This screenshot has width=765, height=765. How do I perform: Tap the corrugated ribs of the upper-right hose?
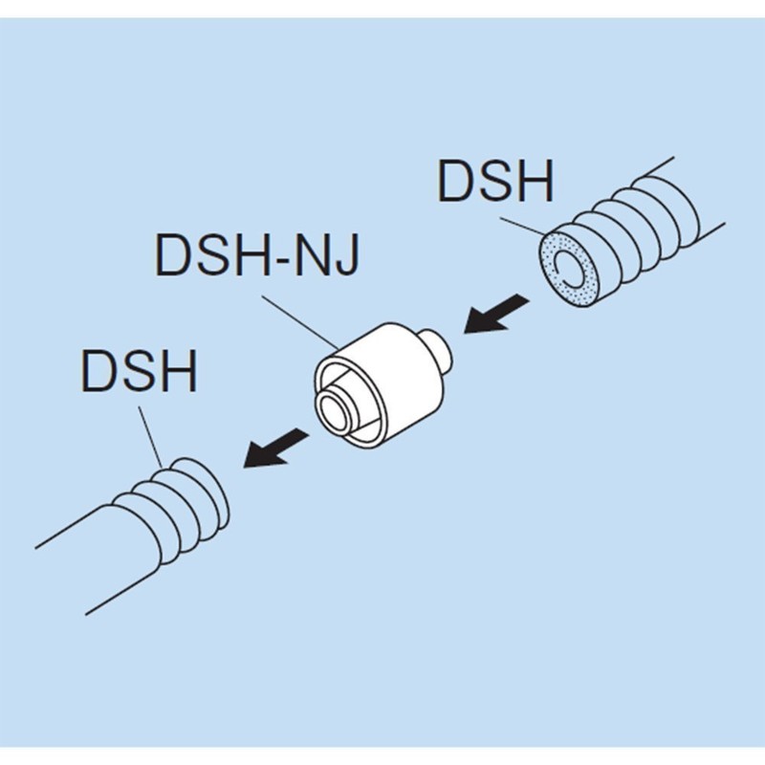coord(650,220)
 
